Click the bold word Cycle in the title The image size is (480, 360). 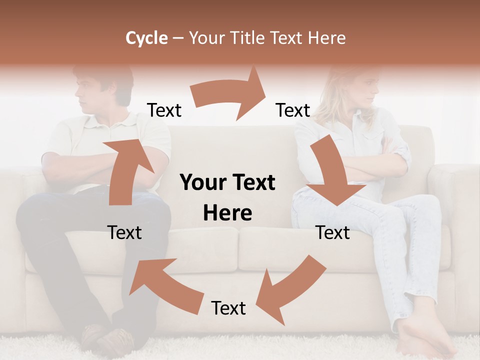(x=146, y=38)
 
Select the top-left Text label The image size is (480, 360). (x=164, y=110)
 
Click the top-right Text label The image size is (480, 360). (x=293, y=110)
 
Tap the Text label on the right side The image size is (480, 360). (x=332, y=232)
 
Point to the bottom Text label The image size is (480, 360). (x=228, y=308)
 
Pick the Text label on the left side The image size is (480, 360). (x=124, y=232)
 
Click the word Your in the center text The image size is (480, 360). (x=201, y=183)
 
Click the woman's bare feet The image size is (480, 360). (x=420, y=340)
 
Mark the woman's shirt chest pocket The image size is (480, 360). (x=372, y=137)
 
